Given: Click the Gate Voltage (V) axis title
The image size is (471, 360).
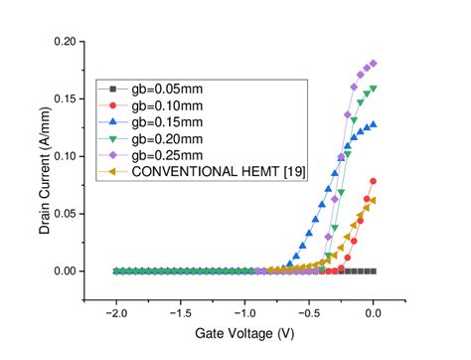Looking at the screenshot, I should (244, 335).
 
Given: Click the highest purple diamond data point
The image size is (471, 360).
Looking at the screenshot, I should (374, 64).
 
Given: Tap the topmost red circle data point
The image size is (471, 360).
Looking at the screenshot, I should (374, 181).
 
